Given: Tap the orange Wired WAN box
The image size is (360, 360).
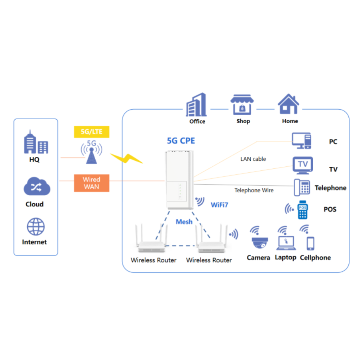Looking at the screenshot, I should click(x=92, y=183).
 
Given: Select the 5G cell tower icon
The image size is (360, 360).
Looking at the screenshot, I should click(x=92, y=152).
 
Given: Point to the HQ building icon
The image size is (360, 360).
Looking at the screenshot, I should click(x=36, y=142).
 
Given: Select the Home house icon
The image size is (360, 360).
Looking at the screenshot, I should click(x=289, y=105).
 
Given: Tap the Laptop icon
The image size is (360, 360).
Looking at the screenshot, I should click(x=285, y=242).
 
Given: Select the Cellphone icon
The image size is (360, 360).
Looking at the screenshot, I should click(x=310, y=243).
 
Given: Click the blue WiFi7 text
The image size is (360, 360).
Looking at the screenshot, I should click(x=220, y=206).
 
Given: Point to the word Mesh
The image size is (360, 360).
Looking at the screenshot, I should click(x=184, y=222).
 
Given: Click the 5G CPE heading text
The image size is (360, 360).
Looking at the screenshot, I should click(x=181, y=141).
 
